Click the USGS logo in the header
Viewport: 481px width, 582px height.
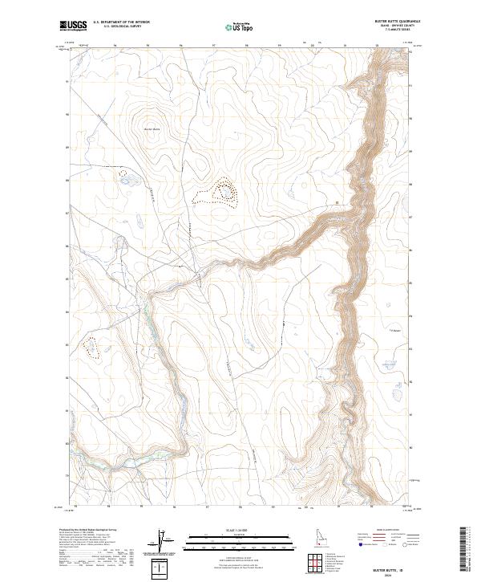point(74,26)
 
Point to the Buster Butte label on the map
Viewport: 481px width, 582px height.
point(152,129)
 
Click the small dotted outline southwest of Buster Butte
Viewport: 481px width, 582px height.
point(123,172)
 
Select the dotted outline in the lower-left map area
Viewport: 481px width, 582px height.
point(91,348)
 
